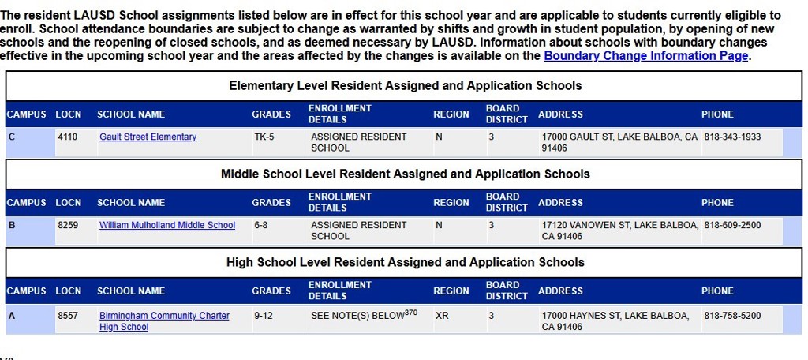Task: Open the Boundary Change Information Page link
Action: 645,56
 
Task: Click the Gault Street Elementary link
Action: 148,137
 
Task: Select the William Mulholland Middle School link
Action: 166,226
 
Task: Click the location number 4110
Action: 68,137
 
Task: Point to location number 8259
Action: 68,226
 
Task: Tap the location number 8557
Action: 68,316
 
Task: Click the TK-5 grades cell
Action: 264,137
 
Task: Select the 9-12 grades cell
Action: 263,316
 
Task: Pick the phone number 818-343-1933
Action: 732,137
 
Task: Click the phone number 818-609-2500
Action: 732,226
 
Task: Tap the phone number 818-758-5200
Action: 732,316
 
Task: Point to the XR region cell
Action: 442,316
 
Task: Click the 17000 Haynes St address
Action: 615,321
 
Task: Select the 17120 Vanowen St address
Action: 619,231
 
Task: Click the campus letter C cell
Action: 12,137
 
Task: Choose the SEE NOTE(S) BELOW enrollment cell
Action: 364,316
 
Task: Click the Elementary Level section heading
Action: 405,86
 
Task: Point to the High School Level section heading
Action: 405,263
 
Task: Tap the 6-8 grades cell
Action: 261,226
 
